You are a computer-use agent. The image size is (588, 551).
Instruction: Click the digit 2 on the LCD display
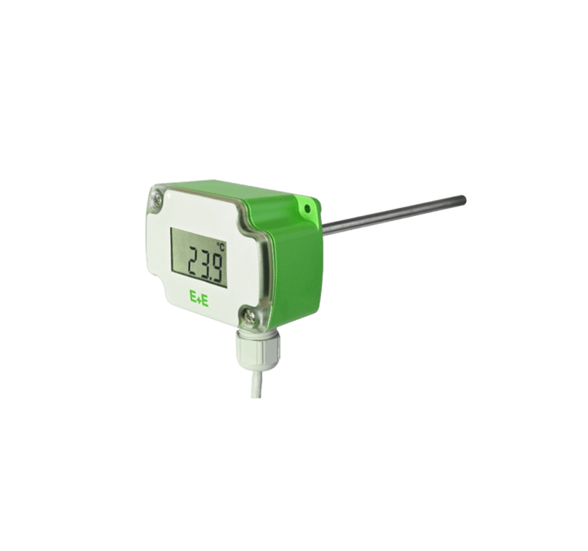click(x=195, y=262)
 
